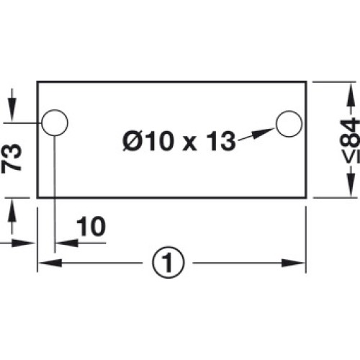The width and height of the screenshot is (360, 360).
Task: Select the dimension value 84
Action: (x=351, y=132)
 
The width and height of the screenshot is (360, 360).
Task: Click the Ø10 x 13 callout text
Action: (x=179, y=141)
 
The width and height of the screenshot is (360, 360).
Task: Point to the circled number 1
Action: (x=168, y=262)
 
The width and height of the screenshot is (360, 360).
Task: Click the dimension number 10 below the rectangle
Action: (x=91, y=226)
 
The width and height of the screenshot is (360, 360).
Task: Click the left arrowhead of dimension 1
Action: (x=50, y=263)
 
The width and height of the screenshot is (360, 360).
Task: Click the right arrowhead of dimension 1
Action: (x=293, y=263)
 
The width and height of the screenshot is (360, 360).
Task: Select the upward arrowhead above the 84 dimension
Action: (x=351, y=94)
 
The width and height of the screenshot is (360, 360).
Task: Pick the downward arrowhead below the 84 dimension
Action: (x=351, y=185)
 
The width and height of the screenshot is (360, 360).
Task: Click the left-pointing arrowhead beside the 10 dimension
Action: (x=67, y=243)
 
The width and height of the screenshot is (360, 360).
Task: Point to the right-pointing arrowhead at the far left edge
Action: (x=24, y=243)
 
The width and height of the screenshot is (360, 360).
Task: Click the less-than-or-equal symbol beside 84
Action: (x=351, y=157)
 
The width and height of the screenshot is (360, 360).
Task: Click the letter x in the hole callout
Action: (x=189, y=145)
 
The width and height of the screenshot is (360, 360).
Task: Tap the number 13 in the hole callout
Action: (x=221, y=141)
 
